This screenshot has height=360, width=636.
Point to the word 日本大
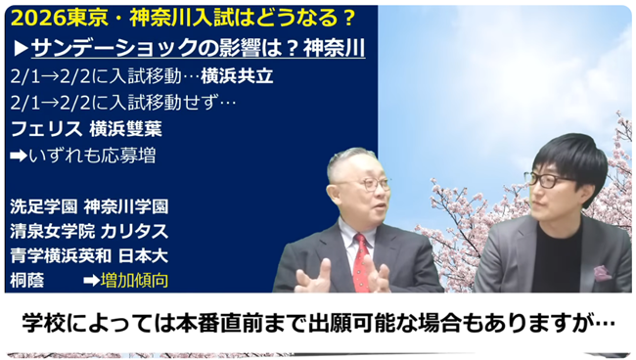(x=152, y=256)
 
